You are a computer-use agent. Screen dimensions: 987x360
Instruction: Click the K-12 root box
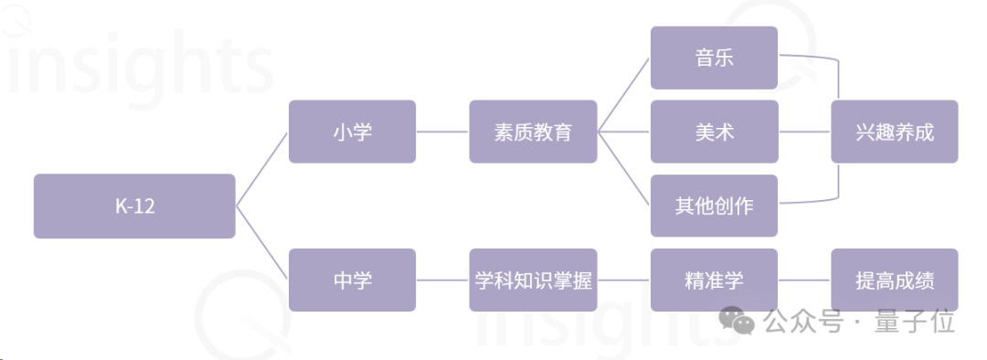coord(134,206)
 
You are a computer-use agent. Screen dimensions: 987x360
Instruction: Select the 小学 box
coord(352,132)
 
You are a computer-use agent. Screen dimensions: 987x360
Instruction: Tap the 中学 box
coord(352,281)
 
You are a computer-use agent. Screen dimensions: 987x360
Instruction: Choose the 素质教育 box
coord(533,132)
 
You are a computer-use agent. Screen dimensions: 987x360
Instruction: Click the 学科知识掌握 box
coord(533,281)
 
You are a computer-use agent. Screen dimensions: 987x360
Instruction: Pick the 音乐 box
coord(714,58)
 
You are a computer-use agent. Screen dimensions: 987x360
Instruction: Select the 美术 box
coord(714,132)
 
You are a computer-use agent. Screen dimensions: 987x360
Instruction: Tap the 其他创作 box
coord(714,206)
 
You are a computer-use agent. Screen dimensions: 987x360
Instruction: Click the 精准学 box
coord(714,281)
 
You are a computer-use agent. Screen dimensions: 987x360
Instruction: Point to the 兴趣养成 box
coord(895,132)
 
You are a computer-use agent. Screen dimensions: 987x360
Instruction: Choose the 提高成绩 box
coord(895,281)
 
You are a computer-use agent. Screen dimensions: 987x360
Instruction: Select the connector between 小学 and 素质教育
coord(442,132)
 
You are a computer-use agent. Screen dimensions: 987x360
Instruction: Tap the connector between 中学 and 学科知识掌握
coord(442,281)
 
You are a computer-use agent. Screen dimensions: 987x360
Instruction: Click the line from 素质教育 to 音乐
coord(624,95)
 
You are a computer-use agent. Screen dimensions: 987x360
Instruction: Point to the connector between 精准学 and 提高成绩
coord(804,281)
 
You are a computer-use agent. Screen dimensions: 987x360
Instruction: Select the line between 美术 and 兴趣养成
coord(804,132)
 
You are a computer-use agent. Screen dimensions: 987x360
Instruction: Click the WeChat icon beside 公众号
coord(738,321)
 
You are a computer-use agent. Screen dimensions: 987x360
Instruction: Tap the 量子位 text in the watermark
coord(914,322)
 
